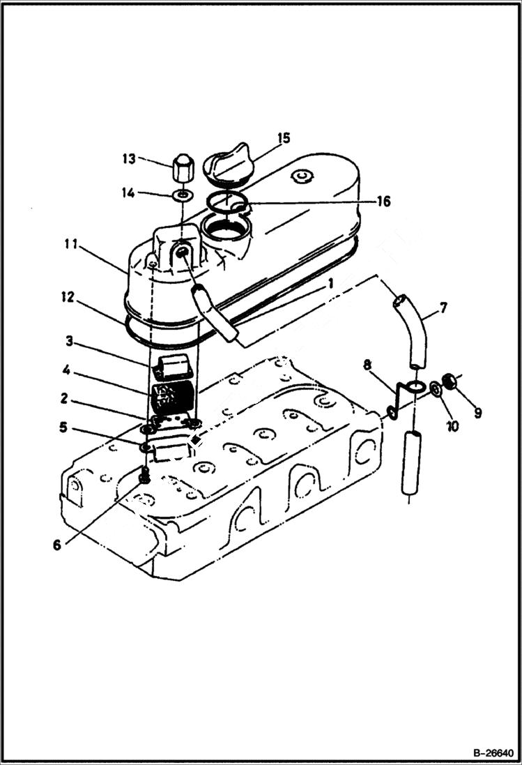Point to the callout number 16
(383, 202)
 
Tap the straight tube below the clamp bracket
(413, 462)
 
